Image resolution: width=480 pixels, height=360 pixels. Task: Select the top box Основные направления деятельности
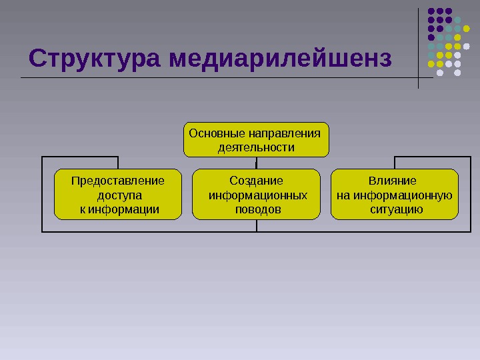(x=257, y=139)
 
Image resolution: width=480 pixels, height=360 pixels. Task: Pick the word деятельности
(x=257, y=147)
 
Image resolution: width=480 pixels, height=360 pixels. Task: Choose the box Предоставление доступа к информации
(x=117, y=194)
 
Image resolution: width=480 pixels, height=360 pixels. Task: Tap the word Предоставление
(x=118, y=181)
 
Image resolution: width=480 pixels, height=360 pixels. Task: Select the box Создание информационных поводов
(x=257, y=194)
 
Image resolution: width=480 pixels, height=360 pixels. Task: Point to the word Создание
(x=256, y=181)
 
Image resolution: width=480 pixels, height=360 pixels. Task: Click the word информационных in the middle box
(x=258, y=195)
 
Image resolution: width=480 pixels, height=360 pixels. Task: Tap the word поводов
(x=257, y=209)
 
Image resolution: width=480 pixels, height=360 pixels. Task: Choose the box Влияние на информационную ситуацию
(x=395, y=194)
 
